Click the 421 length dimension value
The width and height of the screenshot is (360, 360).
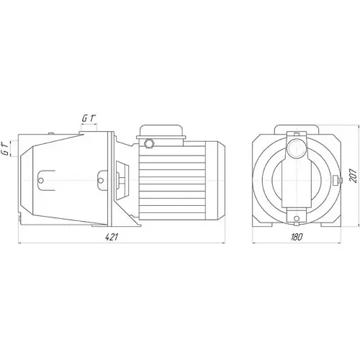point(112,237)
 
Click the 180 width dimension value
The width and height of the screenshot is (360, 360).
point(297,237)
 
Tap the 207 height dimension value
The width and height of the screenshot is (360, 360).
point(353,176)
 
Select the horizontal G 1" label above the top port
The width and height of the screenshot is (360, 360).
point(89,118)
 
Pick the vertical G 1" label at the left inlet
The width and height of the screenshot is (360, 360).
point(6,149)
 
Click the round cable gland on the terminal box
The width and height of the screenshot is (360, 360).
point(149,143)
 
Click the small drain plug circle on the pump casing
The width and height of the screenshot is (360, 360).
point(41,180)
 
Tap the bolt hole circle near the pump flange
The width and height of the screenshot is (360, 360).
point(101,180)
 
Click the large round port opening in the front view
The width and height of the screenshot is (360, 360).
point(297,148)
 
